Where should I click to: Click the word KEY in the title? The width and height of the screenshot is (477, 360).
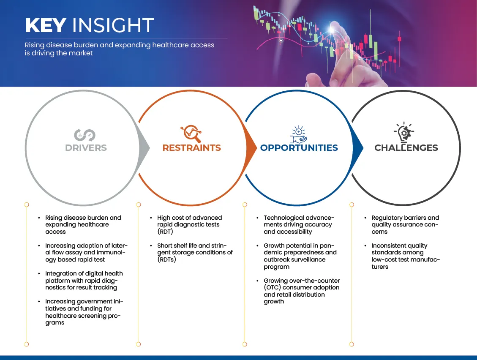click(46, 25)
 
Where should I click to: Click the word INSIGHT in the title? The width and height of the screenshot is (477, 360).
click(113, 25)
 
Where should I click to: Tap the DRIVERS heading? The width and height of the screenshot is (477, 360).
click(86, 147)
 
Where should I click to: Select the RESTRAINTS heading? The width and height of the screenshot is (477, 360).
click(192, 147)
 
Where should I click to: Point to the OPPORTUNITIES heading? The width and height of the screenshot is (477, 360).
click(299, 147)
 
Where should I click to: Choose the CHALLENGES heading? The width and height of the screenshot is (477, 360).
click(406, 147)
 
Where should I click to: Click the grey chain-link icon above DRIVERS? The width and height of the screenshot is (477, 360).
click(84, 135)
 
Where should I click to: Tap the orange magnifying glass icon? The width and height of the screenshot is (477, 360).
click(191, 134)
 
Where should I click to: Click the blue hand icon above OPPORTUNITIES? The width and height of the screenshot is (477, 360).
click(299, 134)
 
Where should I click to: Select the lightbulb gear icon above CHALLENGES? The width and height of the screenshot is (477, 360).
click(404, 132)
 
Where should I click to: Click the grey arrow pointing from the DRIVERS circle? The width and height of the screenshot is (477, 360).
click(144, 148)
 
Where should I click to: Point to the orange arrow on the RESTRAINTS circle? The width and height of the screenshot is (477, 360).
click(251, 148)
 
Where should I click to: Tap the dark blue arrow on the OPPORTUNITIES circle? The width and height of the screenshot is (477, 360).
click(357, 148)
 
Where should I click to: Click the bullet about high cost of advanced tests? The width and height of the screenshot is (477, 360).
click(190, 225)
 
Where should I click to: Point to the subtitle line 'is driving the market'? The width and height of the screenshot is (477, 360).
click(59, 53)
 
